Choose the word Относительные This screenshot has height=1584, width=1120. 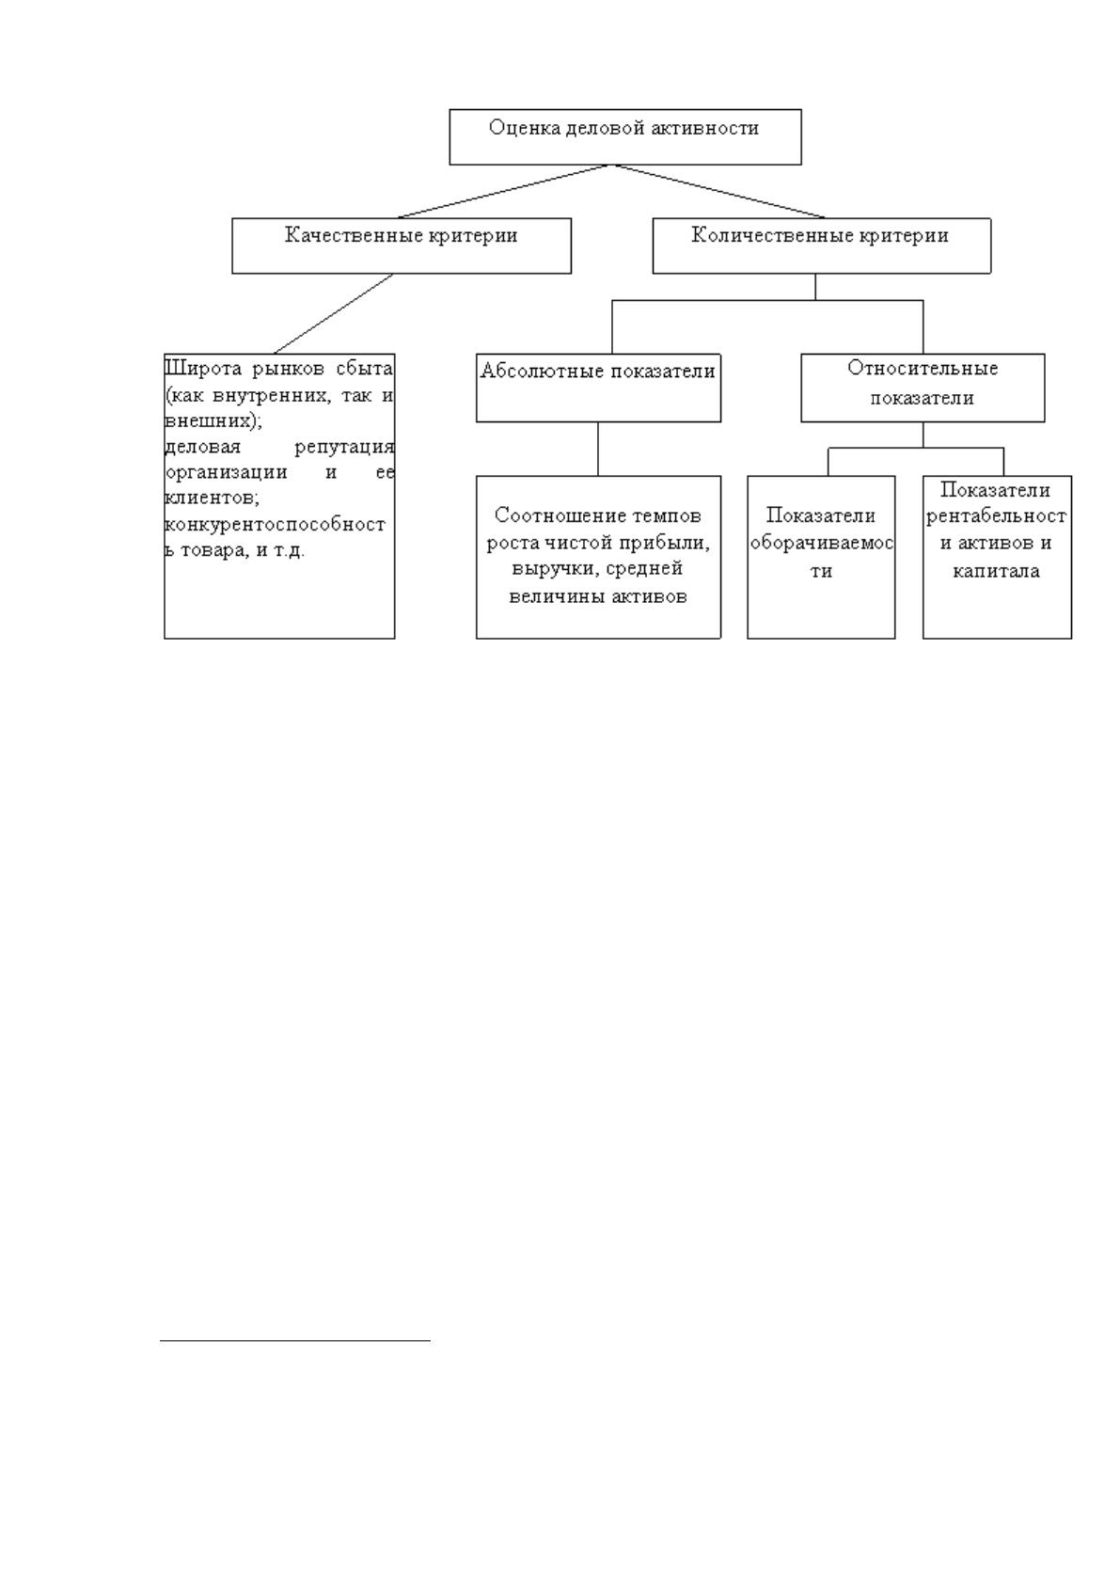pos(923,369)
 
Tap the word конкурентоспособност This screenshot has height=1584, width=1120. pos(275,525)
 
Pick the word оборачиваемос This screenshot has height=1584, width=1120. pos(822,543)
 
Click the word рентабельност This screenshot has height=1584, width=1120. pos(996,517)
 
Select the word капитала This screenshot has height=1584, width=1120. pos(996,571)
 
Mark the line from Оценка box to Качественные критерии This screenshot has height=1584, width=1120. pos(504,192)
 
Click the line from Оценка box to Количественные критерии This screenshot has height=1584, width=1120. pos(719,192)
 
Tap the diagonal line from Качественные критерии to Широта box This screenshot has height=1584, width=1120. pos(334,314)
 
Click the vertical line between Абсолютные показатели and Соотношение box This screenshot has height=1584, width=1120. pos(598,449)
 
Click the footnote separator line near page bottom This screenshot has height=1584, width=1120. pos(295,1340)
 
